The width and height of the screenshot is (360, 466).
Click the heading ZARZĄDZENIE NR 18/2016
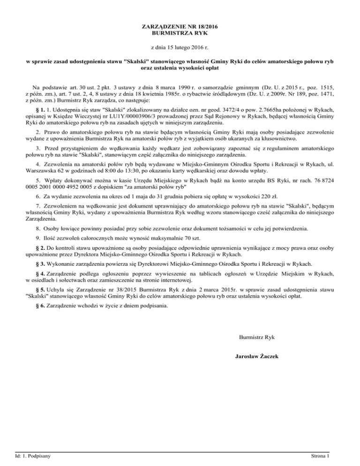point(180,26)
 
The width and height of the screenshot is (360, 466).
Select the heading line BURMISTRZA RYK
point(180,34)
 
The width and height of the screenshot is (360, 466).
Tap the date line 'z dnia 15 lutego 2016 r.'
point(180,47)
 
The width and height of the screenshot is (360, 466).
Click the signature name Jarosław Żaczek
point(257,356)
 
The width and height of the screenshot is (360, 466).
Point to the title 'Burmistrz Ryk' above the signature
point(256,337)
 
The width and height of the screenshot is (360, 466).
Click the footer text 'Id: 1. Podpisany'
point(33,456)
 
